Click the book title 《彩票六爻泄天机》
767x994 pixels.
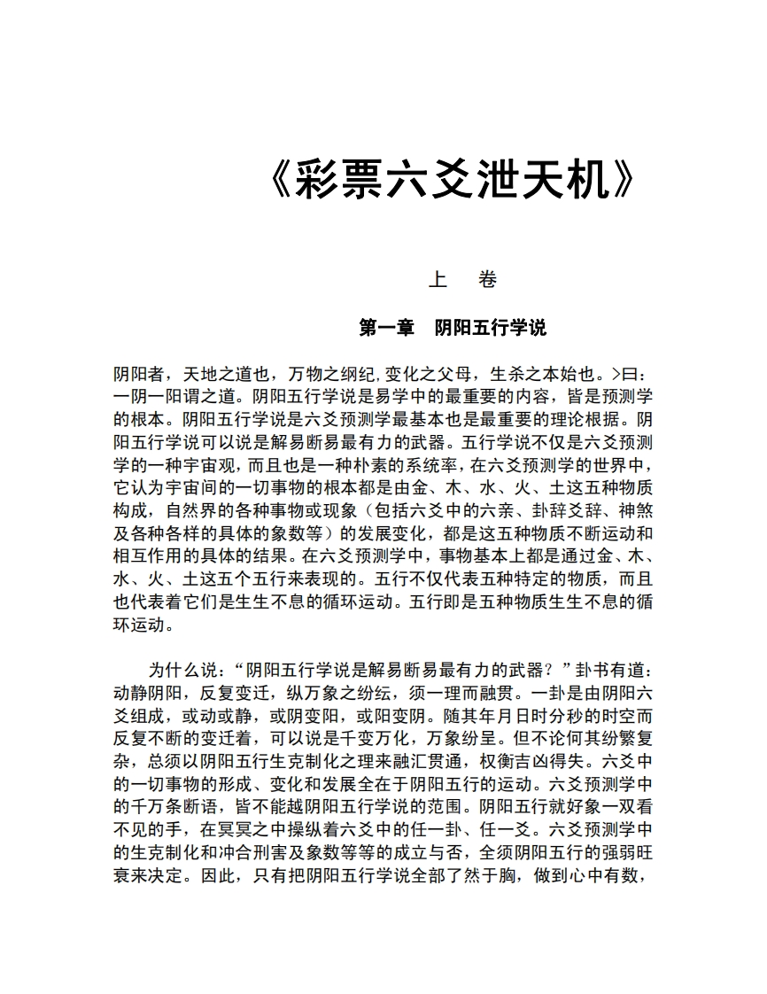[452, 181]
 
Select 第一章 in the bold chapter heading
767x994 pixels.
[387, 328]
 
